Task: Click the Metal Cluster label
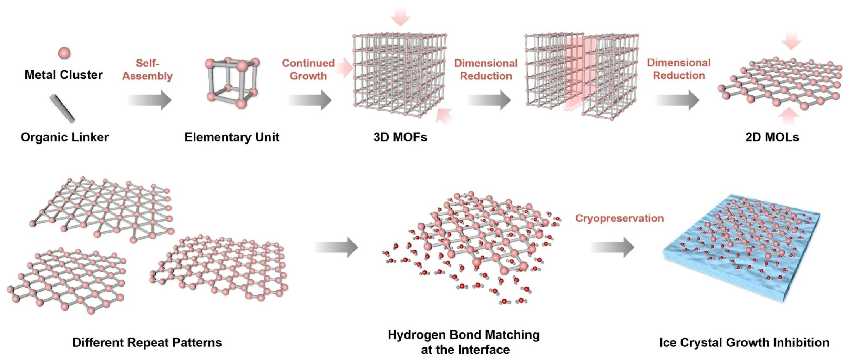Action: (64, 75)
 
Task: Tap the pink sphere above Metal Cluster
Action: (64, 53)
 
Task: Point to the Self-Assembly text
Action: (148, 69)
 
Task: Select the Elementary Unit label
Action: (232, 137)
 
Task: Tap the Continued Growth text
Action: (308, 69)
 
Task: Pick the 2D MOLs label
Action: (772, 137)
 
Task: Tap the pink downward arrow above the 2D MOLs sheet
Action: (791, 41)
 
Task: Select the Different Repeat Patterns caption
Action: (147, 343)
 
